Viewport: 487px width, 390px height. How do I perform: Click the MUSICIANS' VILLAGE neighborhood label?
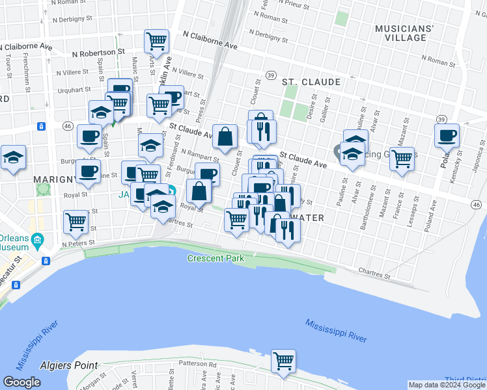404,33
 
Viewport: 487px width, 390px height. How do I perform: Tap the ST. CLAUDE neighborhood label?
311,82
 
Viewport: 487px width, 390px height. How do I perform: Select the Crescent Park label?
216,258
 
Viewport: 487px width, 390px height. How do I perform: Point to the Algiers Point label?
68,366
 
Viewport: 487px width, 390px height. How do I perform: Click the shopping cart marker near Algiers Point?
283,361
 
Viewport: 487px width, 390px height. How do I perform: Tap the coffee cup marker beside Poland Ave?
447,135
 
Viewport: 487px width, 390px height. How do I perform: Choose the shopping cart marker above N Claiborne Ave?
157,41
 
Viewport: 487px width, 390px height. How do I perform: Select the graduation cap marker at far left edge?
12,157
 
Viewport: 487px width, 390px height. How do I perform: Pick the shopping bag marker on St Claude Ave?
225,136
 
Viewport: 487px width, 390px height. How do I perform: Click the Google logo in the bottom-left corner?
21,382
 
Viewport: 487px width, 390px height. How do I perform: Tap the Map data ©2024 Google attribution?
447,385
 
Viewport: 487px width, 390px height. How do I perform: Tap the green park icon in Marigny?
44,189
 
